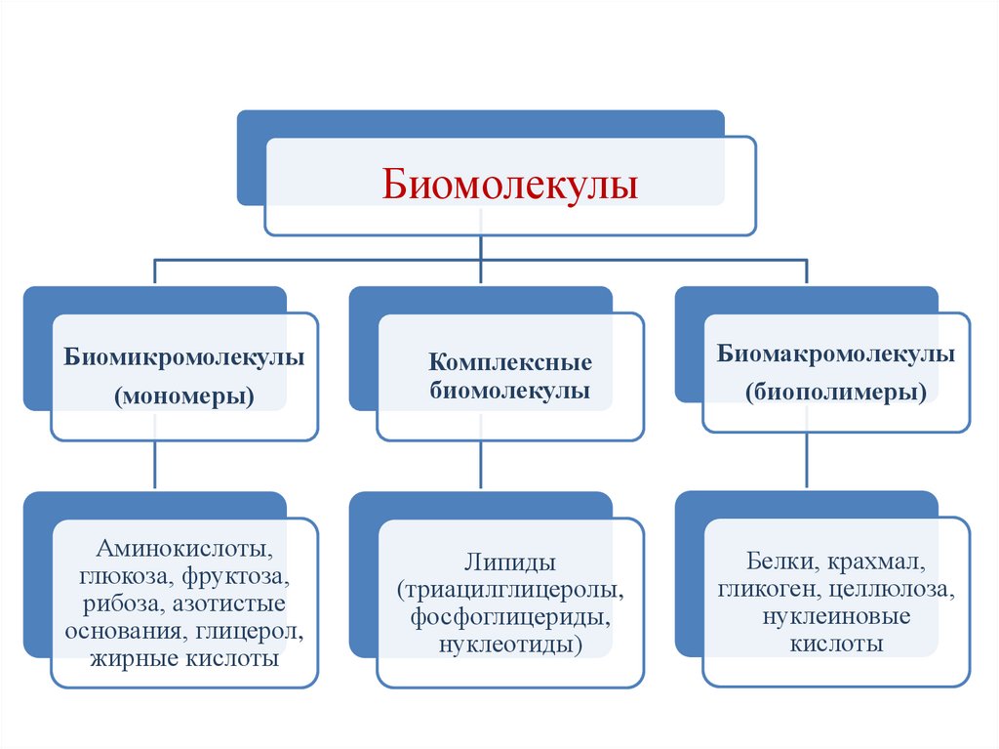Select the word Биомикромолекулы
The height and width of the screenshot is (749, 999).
pyautogui.click(x=184, y=357)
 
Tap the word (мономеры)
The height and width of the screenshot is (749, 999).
pyautogui.click(x=184, y=396)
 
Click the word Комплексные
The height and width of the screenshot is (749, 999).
pyautogui.click(x=510, y=363)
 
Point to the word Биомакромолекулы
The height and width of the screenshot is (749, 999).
pyautogui.click(x=836, y=354)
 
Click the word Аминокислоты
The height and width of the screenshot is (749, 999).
pyautogui.click(x=184, y=549)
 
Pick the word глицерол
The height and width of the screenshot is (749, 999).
pyautogui.click(x=256, y=631)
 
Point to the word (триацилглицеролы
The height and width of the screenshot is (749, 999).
pyautogui.click(x=510, y=591)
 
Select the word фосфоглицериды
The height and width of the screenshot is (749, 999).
pyautogui.click(x=510, y=618)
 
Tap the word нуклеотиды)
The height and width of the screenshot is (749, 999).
pyautogui.click(x=510, y=645)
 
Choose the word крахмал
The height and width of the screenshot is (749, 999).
pyautogui.click(x=877, y=562)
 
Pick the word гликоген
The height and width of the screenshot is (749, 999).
pyautogui.click(x=761, y=590)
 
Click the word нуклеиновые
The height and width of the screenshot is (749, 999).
pyautogui.click(x=836, y=617)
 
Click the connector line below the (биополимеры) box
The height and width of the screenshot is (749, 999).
pyautogui.click(x=806, y=460)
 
